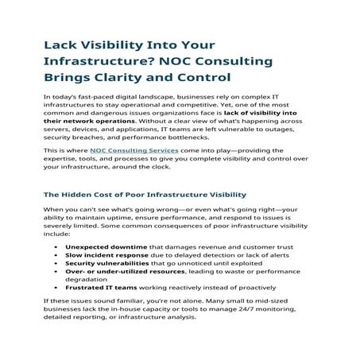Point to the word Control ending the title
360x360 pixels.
[x=202, y=77]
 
